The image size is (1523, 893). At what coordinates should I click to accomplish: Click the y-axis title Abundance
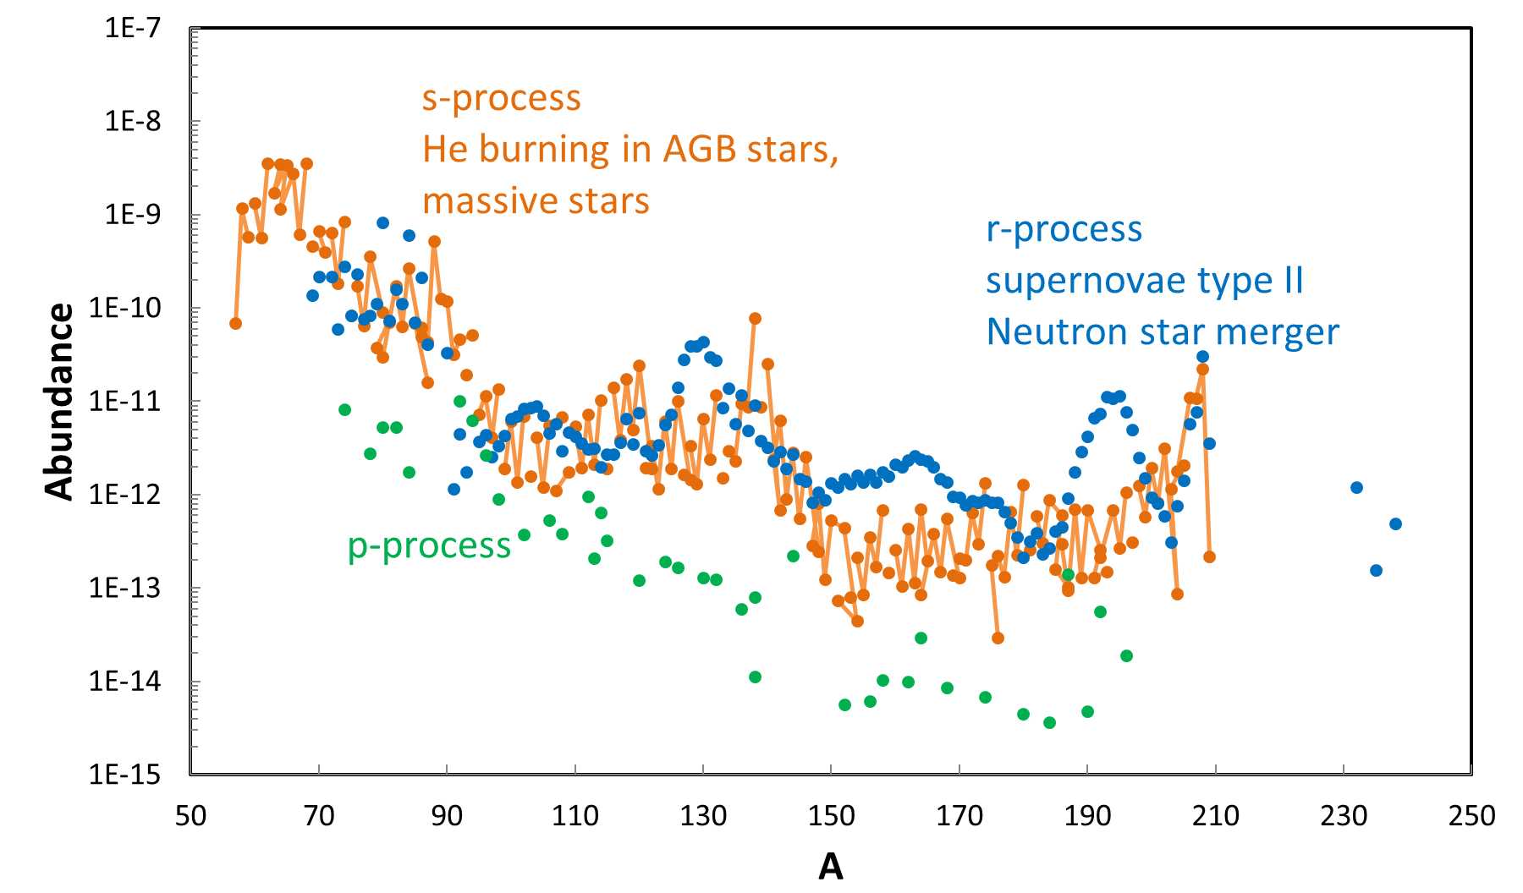(59, 401)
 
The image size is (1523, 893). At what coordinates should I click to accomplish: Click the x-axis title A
(830, 867)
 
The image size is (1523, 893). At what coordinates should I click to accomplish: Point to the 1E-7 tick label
(132, 28)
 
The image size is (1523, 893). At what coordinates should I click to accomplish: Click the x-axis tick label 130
(703, 816)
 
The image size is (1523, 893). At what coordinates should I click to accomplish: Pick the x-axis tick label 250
(1471, 816)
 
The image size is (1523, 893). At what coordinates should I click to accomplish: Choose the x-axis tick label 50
(190, 816)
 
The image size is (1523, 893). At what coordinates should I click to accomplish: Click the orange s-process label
(502, 99)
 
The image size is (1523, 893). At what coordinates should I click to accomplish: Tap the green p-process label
(429, 546)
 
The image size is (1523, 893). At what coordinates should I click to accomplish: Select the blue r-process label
(1064, 230)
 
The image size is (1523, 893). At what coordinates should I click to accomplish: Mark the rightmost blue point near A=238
(1395, 524)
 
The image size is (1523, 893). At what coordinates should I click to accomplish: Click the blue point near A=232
(1356, 487)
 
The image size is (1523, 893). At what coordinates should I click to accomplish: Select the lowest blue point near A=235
(1376, 571)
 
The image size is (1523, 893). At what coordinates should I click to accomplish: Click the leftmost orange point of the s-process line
(235, 324)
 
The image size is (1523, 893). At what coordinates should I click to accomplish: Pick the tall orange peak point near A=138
(755, 319)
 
